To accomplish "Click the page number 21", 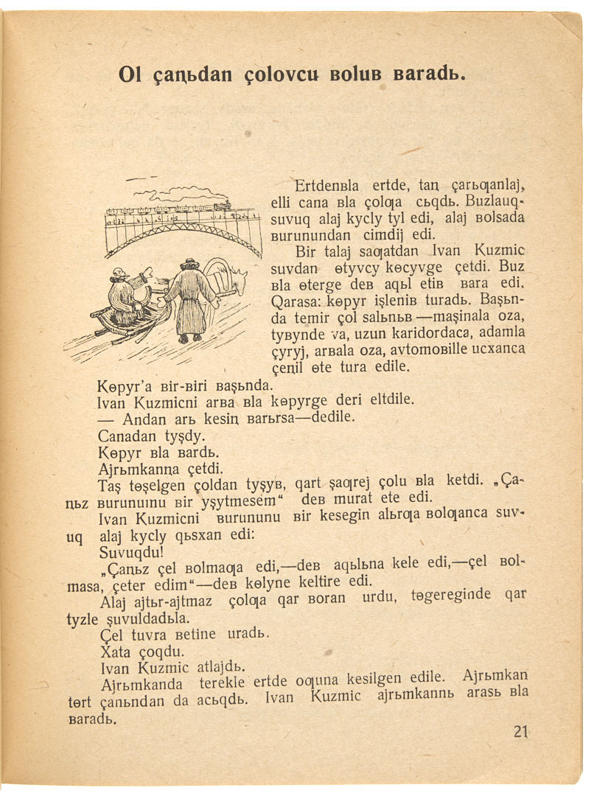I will [x=521, y=732].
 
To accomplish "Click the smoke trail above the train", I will [x=177, y=193].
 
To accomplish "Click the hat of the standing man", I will [x=190, y=262].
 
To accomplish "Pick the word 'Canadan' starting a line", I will [x=125, y=436].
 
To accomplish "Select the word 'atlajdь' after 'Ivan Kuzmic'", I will [x=222, y=667].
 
